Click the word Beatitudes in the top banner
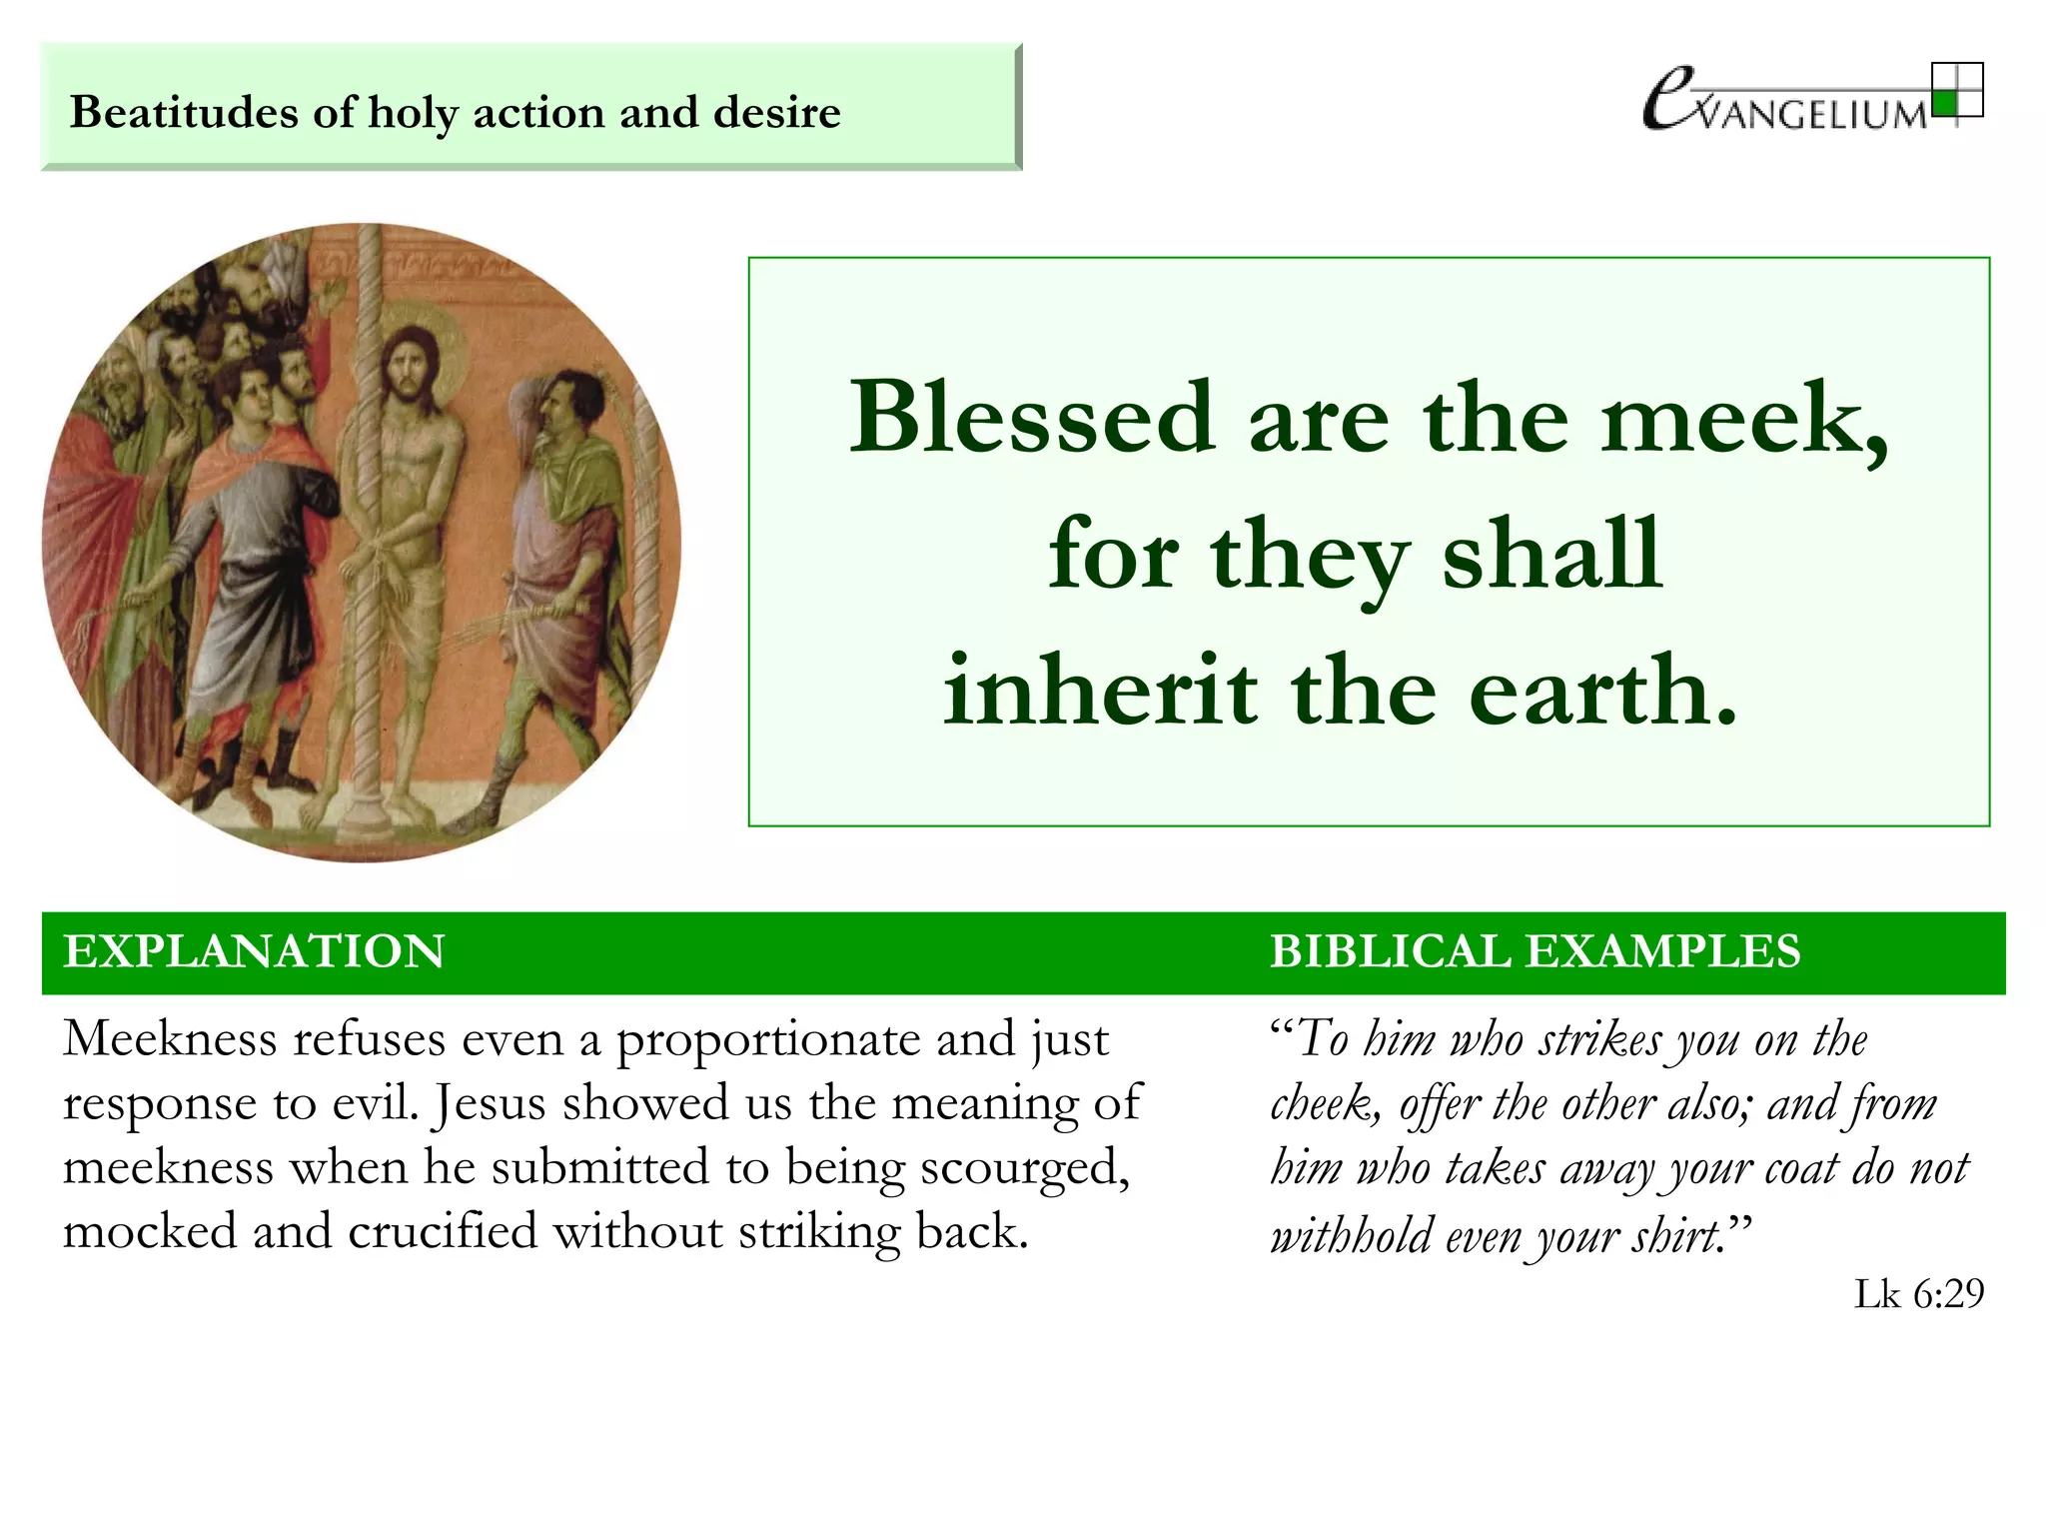184,112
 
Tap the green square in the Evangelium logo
1944,103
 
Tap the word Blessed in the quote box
1030,418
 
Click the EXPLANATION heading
254,951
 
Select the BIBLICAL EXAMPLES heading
1534,951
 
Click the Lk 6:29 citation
1918,1294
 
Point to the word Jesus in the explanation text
490,1103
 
